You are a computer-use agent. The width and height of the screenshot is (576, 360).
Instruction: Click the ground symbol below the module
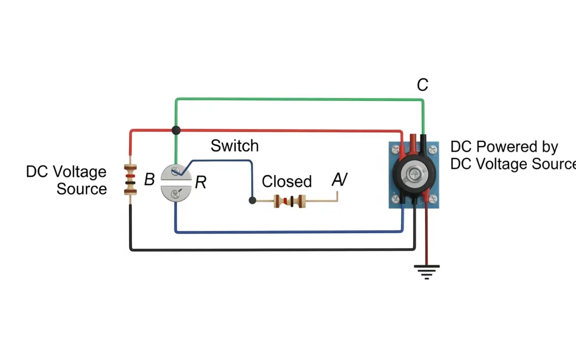coord(427,271)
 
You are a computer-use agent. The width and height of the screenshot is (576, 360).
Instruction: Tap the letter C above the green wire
coord(422,85)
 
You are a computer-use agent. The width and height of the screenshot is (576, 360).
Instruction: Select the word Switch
coord(234,146)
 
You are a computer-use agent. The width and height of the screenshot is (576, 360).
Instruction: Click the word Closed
coord(286,181)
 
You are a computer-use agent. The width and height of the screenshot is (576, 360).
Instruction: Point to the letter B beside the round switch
coord(149,180)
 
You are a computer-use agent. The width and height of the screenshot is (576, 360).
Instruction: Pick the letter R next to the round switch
coord(201,183)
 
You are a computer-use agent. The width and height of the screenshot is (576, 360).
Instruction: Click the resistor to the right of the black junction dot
coord(290,201)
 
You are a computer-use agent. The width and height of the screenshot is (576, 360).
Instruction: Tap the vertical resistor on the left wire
coord(130,180)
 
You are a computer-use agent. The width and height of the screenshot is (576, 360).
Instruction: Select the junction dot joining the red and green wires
coord(176,130)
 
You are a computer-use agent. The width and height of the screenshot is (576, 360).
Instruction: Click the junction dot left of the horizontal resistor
coord(253,201)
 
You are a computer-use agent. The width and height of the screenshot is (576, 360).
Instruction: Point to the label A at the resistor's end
coord(339,180)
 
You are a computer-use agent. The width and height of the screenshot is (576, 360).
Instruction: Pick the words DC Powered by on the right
coord(504,147)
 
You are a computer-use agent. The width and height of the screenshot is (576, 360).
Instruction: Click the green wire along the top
coord(299,99)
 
